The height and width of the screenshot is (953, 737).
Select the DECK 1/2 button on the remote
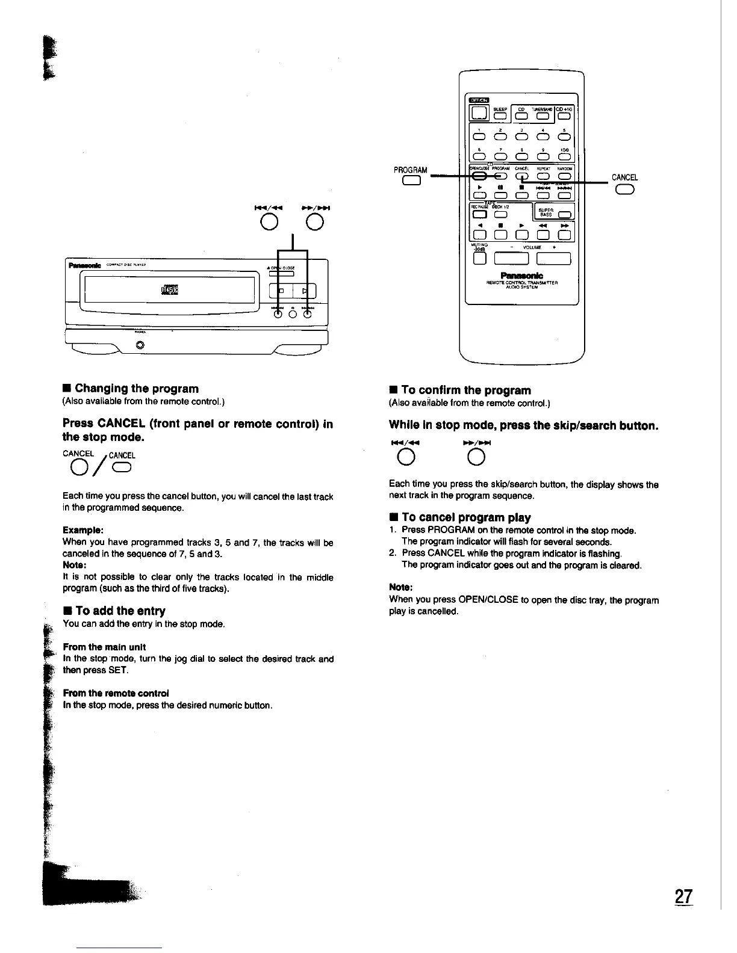coord(501,215)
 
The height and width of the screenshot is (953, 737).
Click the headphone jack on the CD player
coord(140,345)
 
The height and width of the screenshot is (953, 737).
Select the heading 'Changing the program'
coord(137,389)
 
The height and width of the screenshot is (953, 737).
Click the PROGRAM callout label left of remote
coord(410,170)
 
